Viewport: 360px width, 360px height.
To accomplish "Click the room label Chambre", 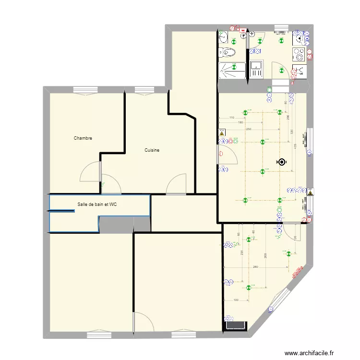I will (x=83, y=138).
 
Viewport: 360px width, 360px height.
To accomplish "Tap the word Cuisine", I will (x=152, y=150).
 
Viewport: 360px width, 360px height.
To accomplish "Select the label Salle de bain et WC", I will (x=97, y=204).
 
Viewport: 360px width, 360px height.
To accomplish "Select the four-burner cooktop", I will (x=299, y=53).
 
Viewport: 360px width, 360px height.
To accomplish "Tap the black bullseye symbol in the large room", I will (x=281, y=162).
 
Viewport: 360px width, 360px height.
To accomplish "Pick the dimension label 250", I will (x=248, y=129).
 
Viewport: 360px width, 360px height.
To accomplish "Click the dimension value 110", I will (x=231, y=118).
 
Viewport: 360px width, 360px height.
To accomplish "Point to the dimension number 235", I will (x=242, y=254).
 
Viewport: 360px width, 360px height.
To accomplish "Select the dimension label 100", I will (x=236, y=300).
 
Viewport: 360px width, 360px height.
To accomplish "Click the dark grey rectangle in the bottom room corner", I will (x=236, y=325).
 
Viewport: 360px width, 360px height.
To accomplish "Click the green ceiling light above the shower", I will (x=234, y=66).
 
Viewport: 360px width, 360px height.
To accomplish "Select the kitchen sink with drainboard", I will (x=256, y=70).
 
